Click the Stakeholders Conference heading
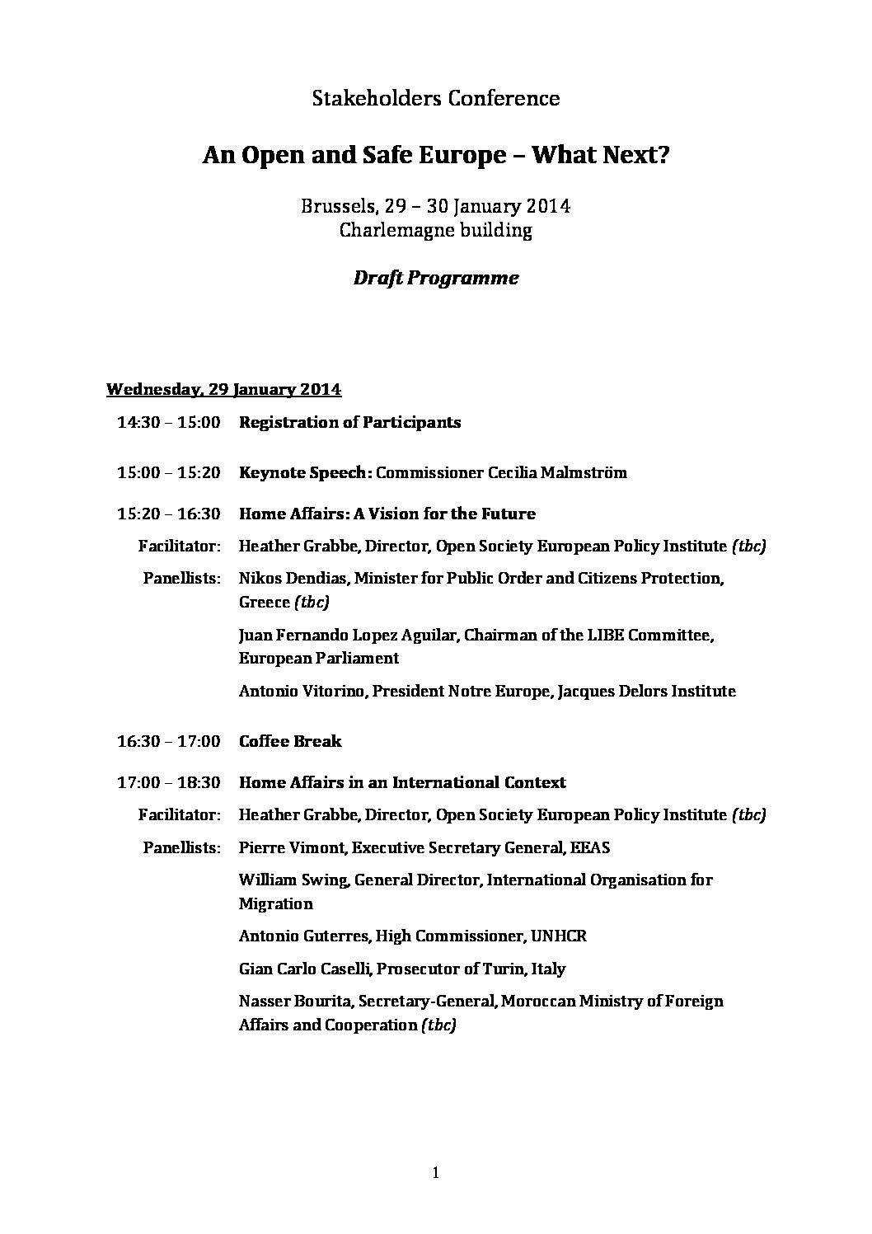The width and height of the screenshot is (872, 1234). coord(436,99)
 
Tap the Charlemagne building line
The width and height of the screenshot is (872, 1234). coord(436,230)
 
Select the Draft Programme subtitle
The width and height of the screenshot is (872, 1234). coord(436,278)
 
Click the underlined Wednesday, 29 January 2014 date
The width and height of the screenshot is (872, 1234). coord(224,389)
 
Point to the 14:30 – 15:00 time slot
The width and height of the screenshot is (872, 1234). coord(169,423)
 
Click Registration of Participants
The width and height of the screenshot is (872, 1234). coord(349,423)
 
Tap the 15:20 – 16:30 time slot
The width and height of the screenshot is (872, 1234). coord(169,514)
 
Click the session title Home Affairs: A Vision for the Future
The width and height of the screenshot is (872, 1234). coord(387,514)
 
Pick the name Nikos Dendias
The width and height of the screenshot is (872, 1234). coord(293,579)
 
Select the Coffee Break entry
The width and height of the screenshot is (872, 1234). coord(289,742)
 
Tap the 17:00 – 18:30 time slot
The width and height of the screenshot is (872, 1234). coord(169,783)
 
